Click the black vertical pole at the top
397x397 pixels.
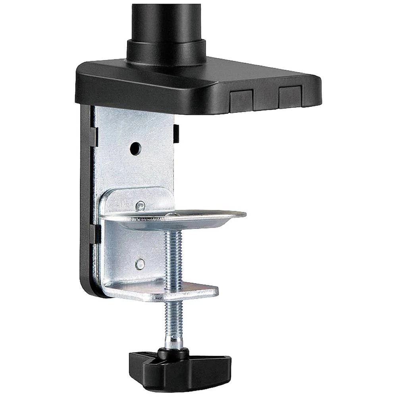tap(167, 20)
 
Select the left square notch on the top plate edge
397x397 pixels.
tap(241, 100)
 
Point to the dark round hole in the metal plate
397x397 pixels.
tap(135, 148)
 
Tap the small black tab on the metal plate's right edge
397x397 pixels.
tap(176, 133)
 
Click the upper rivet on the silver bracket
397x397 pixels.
tap(140, 206)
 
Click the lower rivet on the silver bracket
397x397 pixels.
tap(139, 263)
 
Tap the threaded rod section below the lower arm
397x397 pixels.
tap(173, 318)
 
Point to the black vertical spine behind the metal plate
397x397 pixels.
tap(85, 198)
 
